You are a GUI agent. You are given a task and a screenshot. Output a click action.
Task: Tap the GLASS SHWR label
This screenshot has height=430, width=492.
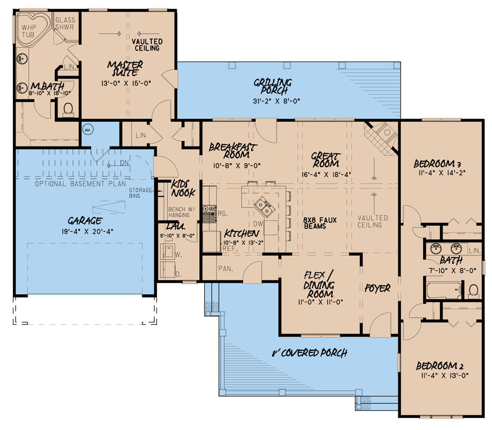coord(66,24)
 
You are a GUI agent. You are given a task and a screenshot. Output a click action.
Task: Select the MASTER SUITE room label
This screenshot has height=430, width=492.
coord(125,68)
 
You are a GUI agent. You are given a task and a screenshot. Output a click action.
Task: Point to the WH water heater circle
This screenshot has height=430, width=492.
coord(87,130)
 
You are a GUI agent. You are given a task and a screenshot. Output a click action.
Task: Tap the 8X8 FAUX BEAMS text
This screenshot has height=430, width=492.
coord(320,223)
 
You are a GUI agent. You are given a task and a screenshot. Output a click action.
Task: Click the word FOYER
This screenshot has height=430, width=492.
coord(377,288)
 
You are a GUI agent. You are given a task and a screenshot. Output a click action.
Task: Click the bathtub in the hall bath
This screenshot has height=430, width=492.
coord(443,290)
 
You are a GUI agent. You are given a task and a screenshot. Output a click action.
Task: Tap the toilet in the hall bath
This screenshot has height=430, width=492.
coord(473,290)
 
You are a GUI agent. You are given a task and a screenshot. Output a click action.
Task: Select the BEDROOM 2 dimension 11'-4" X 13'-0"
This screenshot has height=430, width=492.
coord(442,376)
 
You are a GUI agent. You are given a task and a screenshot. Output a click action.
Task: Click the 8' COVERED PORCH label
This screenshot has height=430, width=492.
coord(309,353)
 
